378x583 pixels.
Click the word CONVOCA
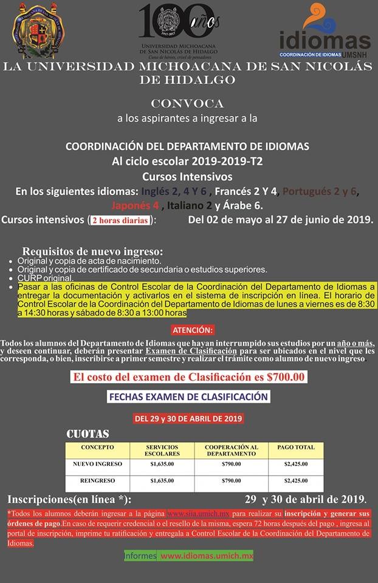pyautogui.click(x=187, y=103)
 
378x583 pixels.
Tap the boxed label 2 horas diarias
pyautogui.click(x=119, y=220)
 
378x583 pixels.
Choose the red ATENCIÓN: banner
pyautogui.click(x=193, y=330)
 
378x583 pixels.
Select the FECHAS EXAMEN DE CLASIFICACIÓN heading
pyautogui.click(x=188, y=397)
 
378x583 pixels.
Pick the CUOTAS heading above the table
pyautogui.click(x=88, y=434)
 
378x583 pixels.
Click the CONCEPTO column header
pyautogui.click(x=97, y=448)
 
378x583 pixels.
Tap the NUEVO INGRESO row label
pyautogui.click(x=97, y=464)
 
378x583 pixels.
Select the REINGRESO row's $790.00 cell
pyautogui.click(x=232, y=480)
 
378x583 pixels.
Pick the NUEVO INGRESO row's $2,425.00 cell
pyautogui.click(x=296, y=464)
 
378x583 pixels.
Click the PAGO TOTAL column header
pyautogui.click(x=296, y=448)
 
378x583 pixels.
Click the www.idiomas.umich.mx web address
pyautogui.click(x=207, y=556)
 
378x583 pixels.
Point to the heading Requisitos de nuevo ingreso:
pyautogui.click(x=92, y=251)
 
